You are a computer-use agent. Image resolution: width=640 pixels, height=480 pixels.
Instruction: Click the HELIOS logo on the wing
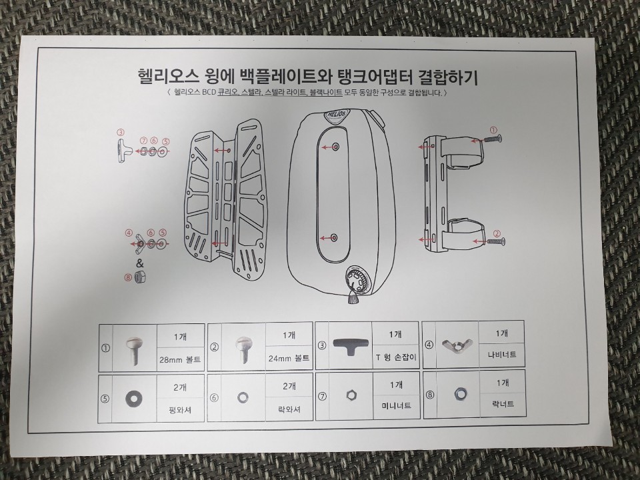click(336, 115)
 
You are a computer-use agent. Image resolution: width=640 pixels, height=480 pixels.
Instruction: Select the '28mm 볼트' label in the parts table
click(179, 361)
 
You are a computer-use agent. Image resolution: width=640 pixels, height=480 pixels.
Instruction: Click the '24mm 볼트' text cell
click(289, 359)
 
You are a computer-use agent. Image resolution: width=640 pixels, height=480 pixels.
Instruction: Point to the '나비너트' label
click(501, 355)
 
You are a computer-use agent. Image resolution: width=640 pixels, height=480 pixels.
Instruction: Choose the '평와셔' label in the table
click(179, 410)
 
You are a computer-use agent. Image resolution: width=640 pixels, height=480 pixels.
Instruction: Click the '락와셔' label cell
click(289, 408)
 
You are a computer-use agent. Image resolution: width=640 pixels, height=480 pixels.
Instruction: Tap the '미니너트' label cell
click(396, 406)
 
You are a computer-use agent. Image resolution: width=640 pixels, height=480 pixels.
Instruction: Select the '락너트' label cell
click(503, 404)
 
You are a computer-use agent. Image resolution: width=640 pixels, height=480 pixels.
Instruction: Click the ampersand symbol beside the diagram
click(140, 263)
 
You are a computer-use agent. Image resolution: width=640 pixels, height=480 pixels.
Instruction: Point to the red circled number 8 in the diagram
click(129, 277)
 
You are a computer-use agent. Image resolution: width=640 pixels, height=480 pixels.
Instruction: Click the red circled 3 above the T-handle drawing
click(121, 132)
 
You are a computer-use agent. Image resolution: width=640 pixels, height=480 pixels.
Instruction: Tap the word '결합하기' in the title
click(448, 77)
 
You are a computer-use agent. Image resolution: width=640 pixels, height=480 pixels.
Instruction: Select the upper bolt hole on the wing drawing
click(335, 147)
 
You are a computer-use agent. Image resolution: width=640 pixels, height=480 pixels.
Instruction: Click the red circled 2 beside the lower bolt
click(497, 234)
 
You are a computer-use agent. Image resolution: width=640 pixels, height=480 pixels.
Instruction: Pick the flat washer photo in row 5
click(132, 397)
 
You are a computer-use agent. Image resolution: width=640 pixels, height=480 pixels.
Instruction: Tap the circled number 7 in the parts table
click(323, 396)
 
